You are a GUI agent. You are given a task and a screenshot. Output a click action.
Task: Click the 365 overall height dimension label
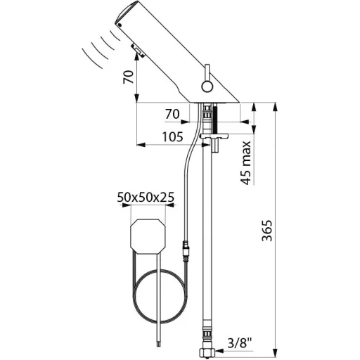[x=267, y=231]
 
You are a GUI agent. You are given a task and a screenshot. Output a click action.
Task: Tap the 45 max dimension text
[x=245, y=163]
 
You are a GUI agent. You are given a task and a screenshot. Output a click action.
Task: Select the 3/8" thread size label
[x=239, y=344]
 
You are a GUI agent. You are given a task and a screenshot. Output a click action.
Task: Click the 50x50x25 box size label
[x=146, y=197]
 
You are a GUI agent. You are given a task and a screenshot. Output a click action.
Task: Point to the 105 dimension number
[x=173, y=136]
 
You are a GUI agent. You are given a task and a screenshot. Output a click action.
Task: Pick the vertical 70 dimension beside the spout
[x=129, y=77]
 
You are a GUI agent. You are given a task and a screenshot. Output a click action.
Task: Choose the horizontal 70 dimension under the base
[x=172, y=115]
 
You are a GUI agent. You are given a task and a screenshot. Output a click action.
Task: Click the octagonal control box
[x=148, y=236]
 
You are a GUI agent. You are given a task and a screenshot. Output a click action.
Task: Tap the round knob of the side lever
[x=207, y=86]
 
